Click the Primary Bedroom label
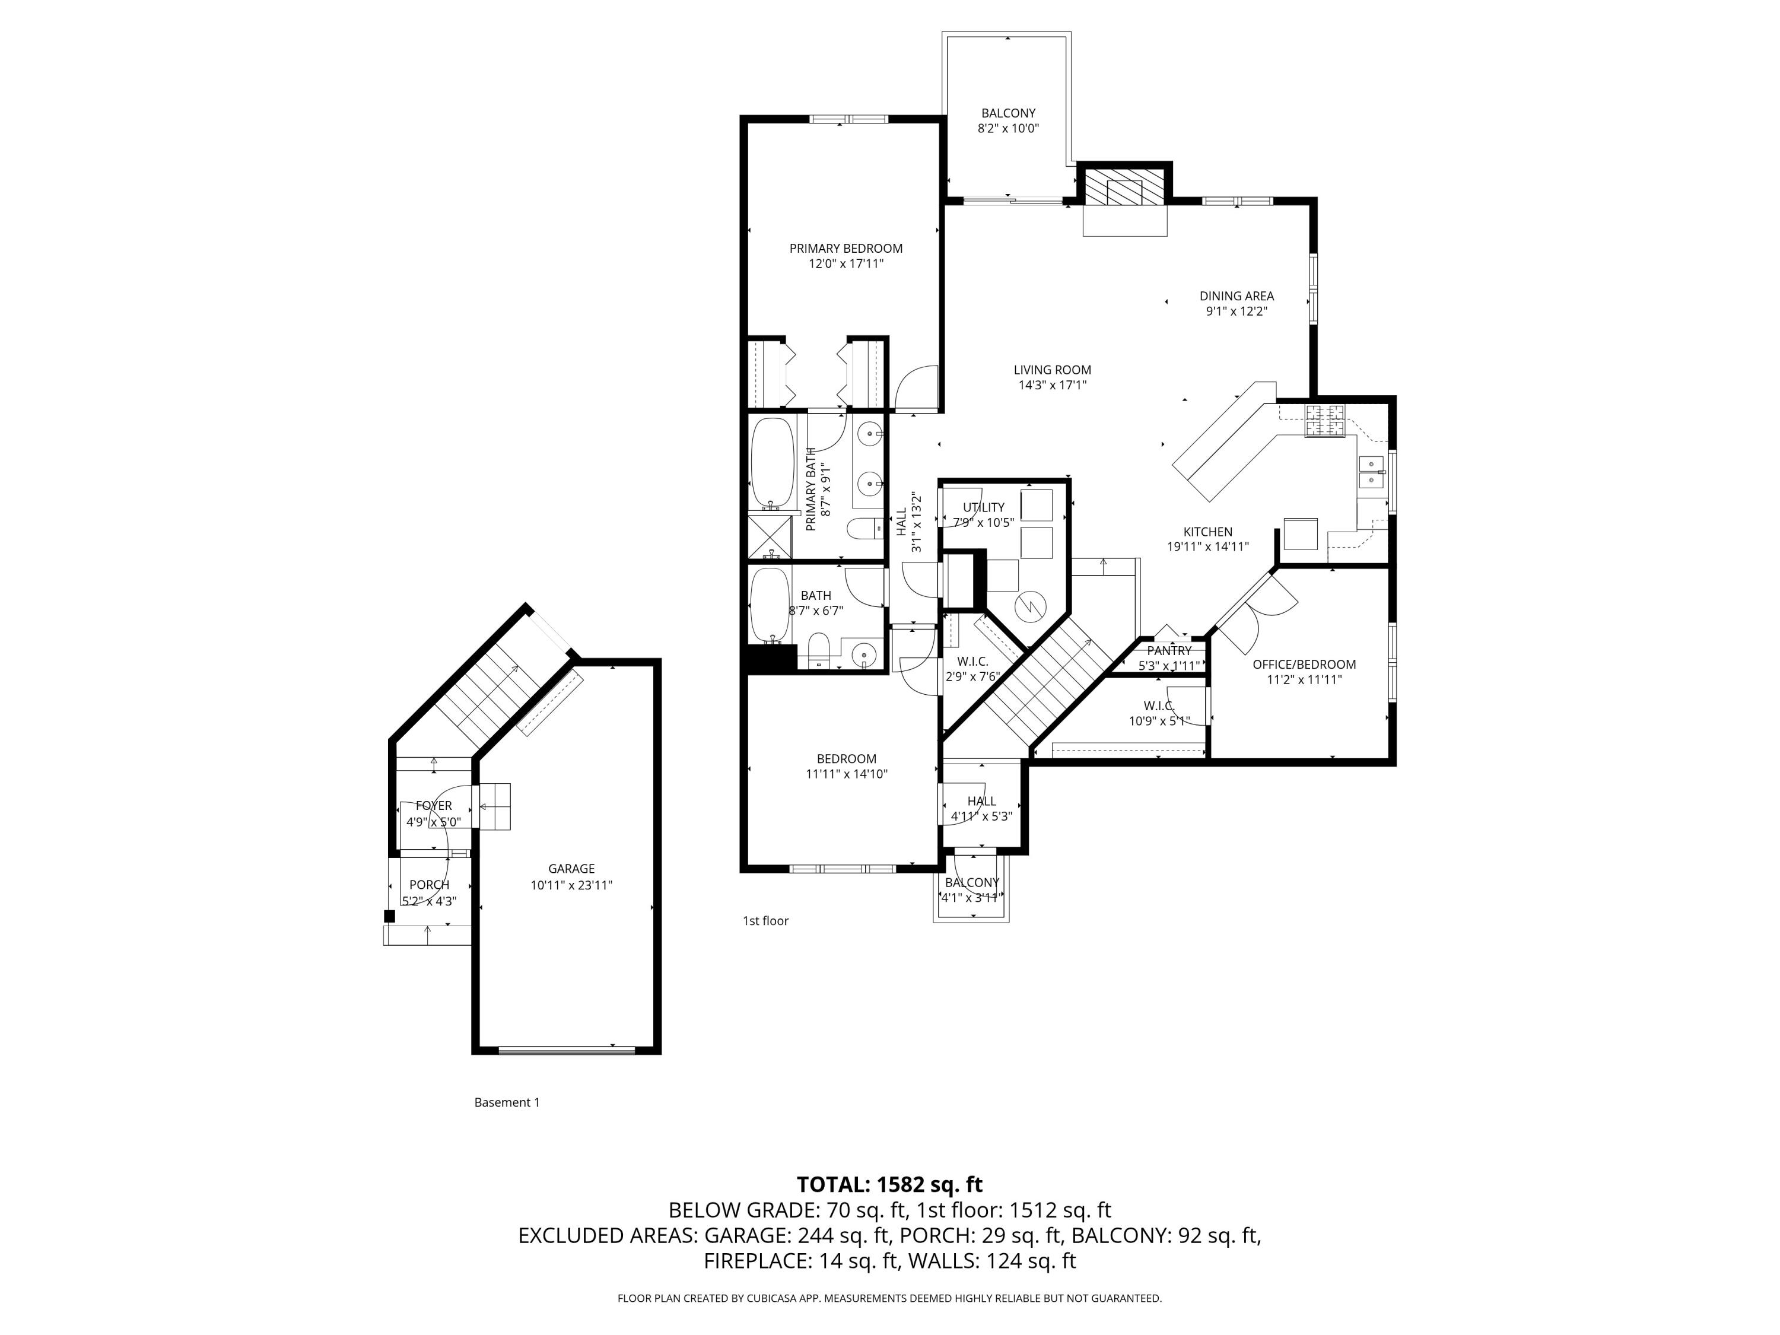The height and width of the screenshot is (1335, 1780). click(x=846, y=249)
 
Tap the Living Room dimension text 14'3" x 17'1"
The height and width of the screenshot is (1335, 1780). click(x=1053, y=386)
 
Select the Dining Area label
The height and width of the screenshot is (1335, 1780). click(x=1237, y=296)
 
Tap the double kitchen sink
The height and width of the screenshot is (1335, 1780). click(x=1371, y=472)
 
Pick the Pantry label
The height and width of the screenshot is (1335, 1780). click(x=1169, y=650)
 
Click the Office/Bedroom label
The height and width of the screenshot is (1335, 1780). click(x=1304, y=665)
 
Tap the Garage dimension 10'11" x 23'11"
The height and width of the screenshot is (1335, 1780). click(x=571, y=885)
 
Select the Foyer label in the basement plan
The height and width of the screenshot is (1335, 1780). click(x=434, y=806)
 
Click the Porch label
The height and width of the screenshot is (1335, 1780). click(x=430, y=885)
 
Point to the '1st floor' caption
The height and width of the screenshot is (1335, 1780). click(x=765, y=921)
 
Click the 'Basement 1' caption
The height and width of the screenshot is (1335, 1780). click(x=507, y=1102)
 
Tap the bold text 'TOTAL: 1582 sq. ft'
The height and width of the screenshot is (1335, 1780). click(x=890, y=1184)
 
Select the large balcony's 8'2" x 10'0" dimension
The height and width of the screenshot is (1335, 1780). click(x=1008, y=129)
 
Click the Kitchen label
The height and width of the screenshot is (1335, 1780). click(x=1208, y=532)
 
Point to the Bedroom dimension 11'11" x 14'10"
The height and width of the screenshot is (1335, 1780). click(x=847, y=774)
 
